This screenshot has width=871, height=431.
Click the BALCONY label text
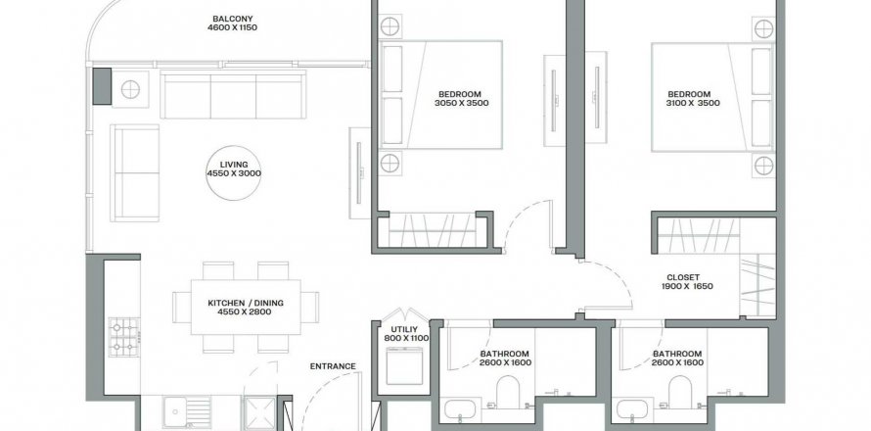pos(232,19)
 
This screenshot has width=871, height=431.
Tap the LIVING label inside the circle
pos(234,165)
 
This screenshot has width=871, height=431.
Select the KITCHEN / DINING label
pos(246,303)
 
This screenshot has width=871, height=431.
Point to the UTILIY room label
pos(400,329)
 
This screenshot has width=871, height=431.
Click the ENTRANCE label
pos(333,366)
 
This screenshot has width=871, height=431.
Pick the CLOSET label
pos(683,277)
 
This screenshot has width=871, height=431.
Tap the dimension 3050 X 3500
pos(462,103)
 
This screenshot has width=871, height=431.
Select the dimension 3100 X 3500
pos(693,103)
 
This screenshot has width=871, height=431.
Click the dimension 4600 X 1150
pos(232,27)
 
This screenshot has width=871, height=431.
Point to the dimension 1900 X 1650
pos(687,286)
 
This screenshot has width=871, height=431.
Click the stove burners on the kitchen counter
pos(124,337)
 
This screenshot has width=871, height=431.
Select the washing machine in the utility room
pos(404,365)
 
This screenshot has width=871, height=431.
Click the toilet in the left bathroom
pos(507,393)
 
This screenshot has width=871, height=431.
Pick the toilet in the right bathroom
pos(680,393)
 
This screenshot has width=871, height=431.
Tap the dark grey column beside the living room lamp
pos(102,86)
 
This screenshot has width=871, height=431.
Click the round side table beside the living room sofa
pos(130,89)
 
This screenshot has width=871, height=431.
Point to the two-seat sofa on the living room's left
pos(135,173)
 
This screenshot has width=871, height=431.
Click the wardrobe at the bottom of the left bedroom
pos(433,231)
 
